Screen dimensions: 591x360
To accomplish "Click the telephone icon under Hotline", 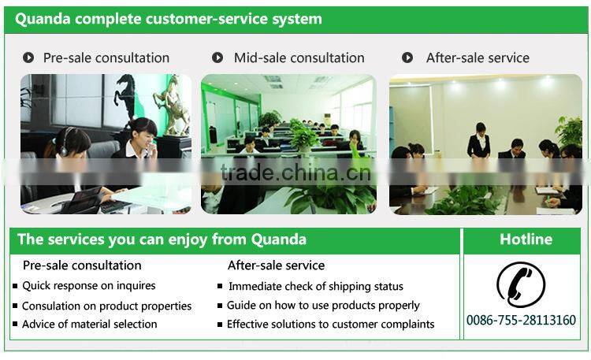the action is point(521,284).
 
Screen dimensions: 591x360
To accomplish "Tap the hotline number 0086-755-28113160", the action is point(521,320).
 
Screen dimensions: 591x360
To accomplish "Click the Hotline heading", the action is point(526,239).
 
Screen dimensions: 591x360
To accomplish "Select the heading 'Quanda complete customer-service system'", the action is point(169,19).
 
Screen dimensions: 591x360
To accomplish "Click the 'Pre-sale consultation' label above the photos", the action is point(106,58).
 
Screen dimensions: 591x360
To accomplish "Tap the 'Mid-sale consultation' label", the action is point(299,58).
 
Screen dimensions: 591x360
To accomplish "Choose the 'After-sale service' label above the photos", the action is point(478,58).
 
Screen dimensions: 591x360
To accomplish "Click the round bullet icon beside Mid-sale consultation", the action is point(217,58).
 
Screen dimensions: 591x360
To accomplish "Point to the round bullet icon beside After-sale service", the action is point(407,58).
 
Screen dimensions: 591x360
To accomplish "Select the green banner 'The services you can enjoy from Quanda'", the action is point(162,239).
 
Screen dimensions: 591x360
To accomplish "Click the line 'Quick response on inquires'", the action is point(89,285).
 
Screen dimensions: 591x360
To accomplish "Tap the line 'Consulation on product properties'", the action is point(106,306).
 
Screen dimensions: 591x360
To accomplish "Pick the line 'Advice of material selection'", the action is point(89,324).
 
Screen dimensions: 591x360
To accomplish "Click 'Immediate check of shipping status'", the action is point(315,286).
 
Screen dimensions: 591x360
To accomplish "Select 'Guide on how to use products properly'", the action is point(323,305).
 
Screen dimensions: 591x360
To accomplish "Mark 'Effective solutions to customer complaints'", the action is point(330,324).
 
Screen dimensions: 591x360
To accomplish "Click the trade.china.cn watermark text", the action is point(295,172).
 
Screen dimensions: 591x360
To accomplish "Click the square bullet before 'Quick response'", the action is point(15,286).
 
